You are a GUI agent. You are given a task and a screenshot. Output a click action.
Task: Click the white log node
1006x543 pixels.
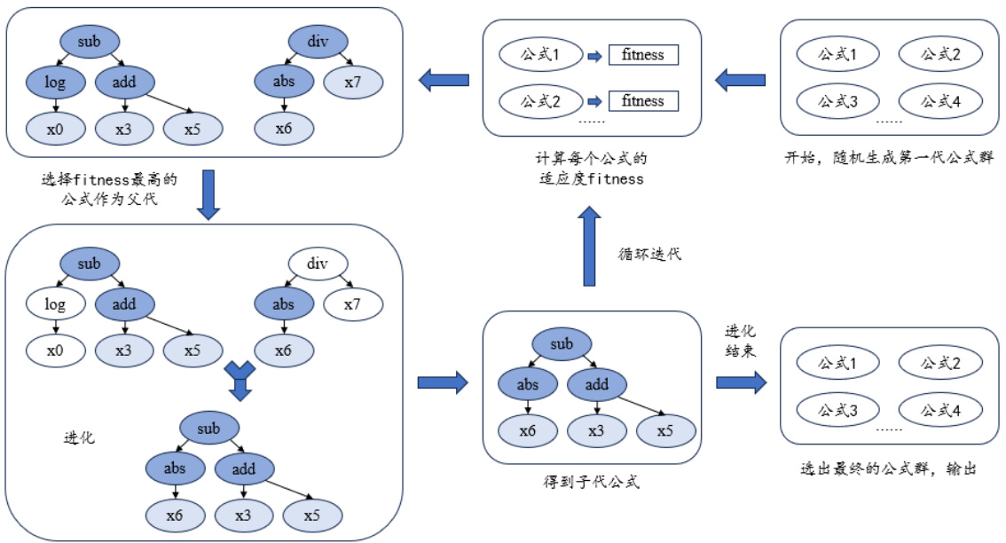click(x=55, y=304)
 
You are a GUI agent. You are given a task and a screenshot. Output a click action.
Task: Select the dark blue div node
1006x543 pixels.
click(x=318, y=41)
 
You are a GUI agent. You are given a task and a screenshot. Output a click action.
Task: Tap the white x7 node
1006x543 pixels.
click(x=352, y=304)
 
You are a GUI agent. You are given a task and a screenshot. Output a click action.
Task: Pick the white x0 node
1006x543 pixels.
click(x=55, y=350)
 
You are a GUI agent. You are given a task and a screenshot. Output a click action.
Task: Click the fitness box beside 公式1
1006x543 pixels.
click(x=643, y=55)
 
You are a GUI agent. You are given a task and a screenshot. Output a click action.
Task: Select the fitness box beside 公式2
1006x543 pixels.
click(x=643, y=100)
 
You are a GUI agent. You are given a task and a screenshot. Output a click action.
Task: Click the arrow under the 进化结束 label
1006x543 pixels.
click(x=741, y=382)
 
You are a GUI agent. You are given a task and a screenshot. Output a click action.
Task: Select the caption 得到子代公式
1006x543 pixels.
click(x=592, y=483)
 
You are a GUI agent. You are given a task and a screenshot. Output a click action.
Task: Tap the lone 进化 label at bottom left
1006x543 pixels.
click(x=80, y=437)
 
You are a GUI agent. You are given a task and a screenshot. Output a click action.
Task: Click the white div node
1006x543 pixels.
click(x=318, y=264)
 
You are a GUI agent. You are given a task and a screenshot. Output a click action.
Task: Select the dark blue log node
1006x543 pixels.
click(x=55, y=83)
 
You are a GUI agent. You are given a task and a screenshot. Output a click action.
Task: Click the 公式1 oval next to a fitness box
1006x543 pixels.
click(x=540, y=55)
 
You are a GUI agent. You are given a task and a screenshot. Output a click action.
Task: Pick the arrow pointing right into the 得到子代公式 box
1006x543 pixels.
click(x=442, y=382)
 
